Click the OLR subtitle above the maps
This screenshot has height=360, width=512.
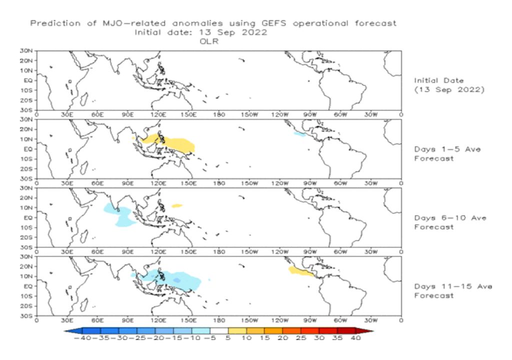[x=206, y=42]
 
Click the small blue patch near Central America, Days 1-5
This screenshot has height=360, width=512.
[x=299, y=134]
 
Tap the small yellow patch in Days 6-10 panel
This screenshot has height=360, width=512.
[x=177, y=205]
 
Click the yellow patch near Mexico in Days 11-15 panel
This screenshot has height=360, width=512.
[x=301, y=271]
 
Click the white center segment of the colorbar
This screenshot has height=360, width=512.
[x=218, y=330]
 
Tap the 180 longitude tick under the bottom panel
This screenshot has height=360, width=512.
[x=219, y=320]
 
